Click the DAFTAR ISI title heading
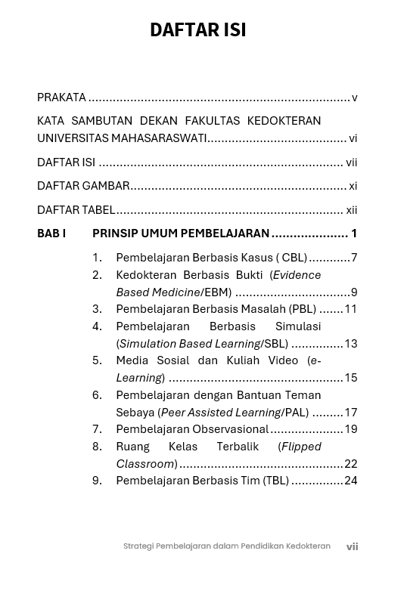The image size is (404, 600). coord(197,29)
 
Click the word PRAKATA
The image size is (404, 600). coord(61,97)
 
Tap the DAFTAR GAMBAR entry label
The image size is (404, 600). coord(83,186)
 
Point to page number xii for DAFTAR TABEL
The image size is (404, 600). coord(351,210)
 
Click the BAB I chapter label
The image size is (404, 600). coord(51,234)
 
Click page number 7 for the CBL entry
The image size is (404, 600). coord(354,258)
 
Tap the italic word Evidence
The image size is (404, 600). coord(297,275)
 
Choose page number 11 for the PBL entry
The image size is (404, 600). coord(350,309)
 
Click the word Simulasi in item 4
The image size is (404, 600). coord(298,326)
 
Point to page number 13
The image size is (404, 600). coord(350,344)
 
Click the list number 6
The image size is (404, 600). coord(97,395)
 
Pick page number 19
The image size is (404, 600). coord(350,429)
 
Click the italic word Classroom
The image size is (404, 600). coord(145,464)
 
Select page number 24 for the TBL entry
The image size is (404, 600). coord(350,481)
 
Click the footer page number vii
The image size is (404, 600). coord(352,546)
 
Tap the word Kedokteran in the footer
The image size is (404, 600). coord(308,546)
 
